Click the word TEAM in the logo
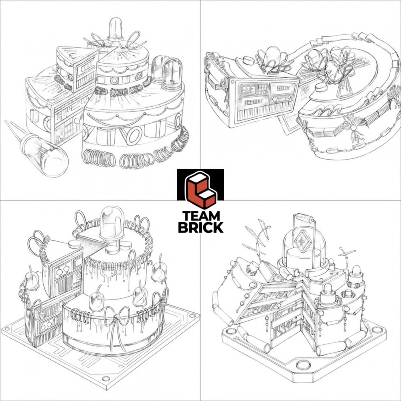click(201, 216)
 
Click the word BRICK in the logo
click(201, 227)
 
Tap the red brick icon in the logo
click(201, 190)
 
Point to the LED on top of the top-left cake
click(115, 29)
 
